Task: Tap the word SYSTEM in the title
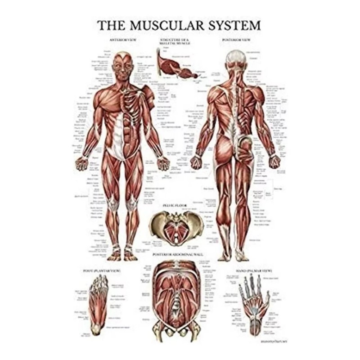click(235, 25)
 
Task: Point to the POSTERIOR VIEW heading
click(237, 40)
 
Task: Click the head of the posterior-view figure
click(237, 58)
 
